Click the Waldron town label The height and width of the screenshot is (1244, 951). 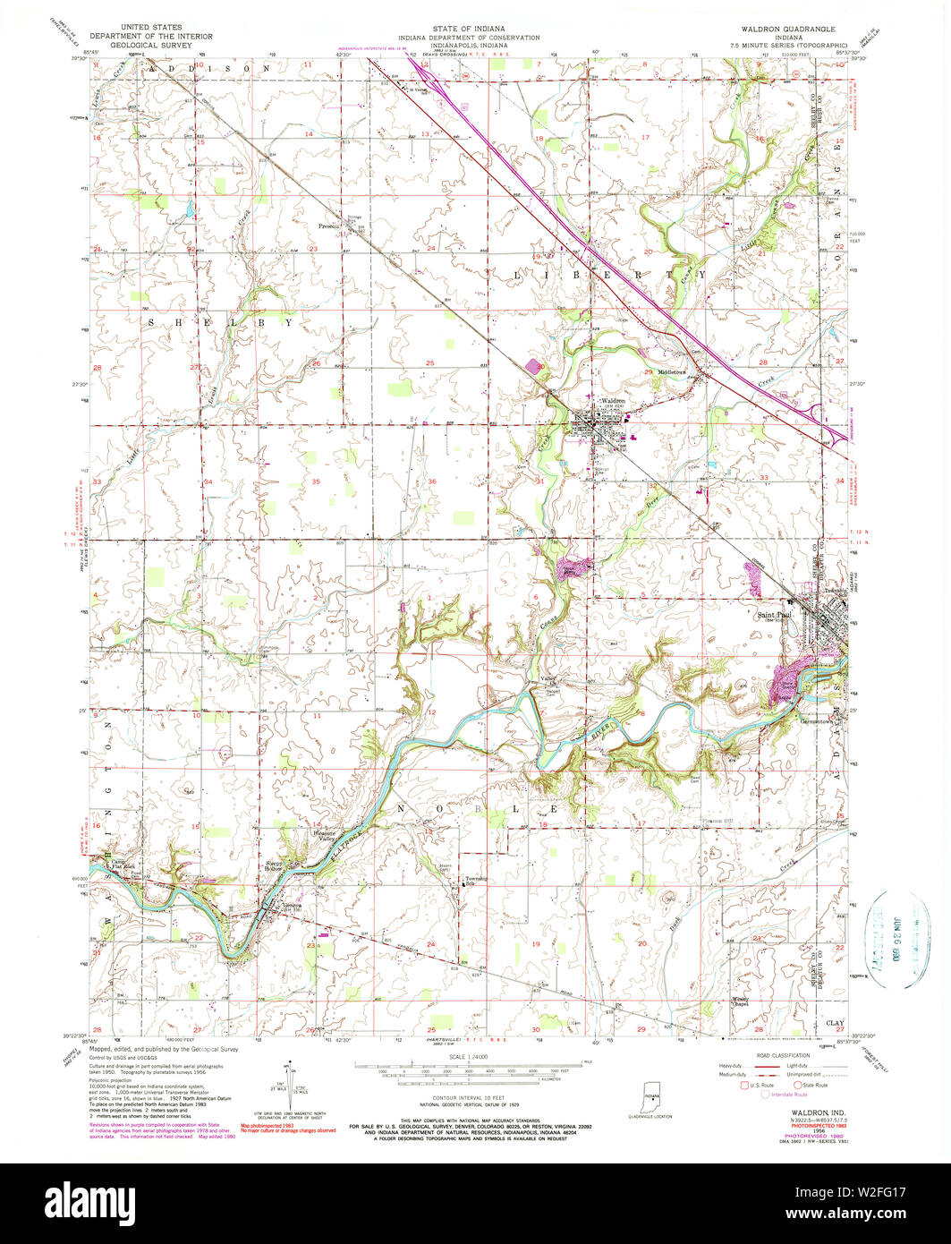612,400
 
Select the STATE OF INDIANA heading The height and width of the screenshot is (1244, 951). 469,30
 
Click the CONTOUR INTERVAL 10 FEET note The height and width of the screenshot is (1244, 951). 467,1103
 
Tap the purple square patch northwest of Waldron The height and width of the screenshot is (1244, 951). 534,366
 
